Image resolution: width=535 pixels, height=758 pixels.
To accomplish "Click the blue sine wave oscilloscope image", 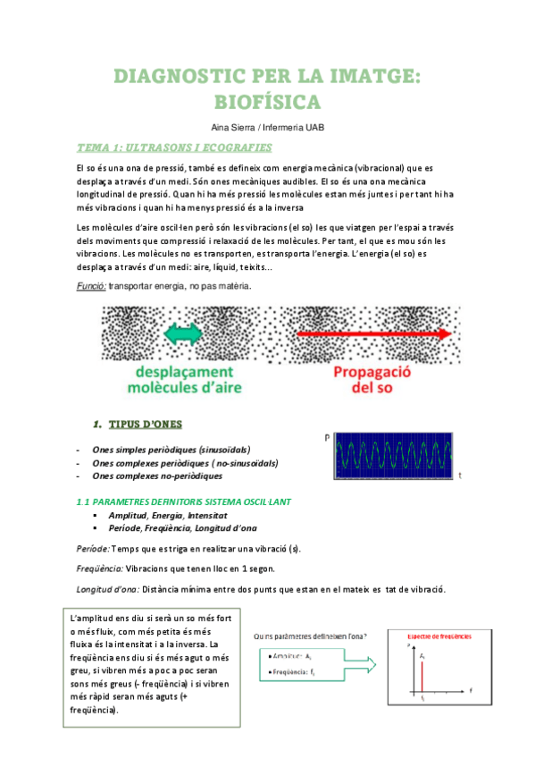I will point(394,457).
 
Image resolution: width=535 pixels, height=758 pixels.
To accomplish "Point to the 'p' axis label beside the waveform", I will point(328,437).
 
